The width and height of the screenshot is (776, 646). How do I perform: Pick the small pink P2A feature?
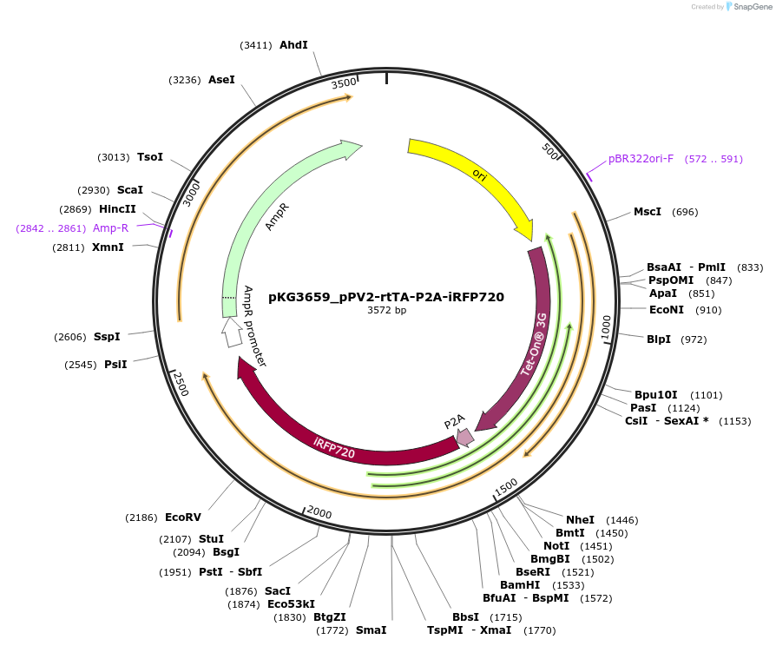pos(464,437)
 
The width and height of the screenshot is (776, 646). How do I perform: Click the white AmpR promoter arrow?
pos(232,333)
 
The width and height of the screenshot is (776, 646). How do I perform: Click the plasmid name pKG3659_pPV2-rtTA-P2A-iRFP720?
pos(386,296)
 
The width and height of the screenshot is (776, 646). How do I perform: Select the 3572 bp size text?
pos(386,310)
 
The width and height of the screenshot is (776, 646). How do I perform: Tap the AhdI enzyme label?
pos(293,45)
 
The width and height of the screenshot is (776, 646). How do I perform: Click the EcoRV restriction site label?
pos(182,517)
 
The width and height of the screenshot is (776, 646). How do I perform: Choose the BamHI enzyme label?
pos(521,585)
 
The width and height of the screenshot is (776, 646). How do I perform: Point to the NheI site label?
pos(580,519)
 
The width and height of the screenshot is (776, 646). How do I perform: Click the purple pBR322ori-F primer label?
pos(641,159)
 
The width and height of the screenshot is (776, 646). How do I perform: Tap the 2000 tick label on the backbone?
pos(319,512)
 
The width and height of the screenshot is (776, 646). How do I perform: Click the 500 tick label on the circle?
pos(549,151)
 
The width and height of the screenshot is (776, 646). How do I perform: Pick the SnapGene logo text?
pos(753,7)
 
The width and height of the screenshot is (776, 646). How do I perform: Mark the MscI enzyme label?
pos(647,212)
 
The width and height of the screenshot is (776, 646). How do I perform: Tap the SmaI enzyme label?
pos(371,630)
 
